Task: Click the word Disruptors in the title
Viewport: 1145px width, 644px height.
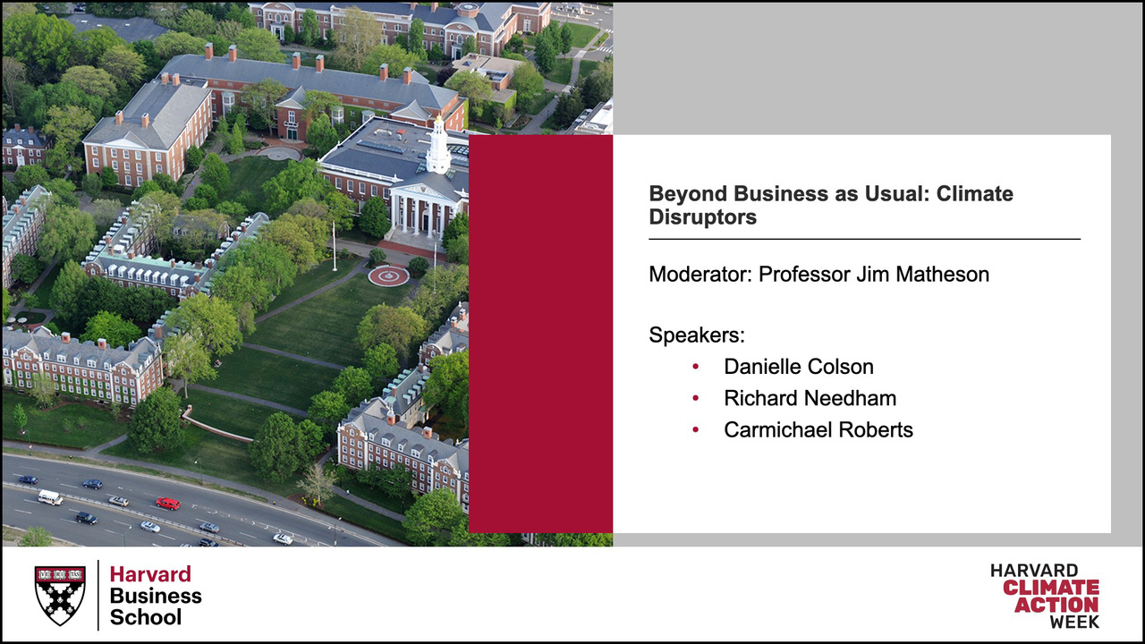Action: tap(703, 217)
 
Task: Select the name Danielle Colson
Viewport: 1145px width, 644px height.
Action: tap(799, 367)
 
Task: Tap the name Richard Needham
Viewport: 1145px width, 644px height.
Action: tap(810, 398)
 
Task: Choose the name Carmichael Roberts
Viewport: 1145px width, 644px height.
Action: tap(818, 430)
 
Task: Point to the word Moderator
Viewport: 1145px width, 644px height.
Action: tap(698, 275)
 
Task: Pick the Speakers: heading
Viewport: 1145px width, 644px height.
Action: tap(697, 335)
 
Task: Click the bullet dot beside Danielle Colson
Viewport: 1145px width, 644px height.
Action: tap(695, 367)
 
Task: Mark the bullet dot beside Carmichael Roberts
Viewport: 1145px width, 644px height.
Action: tap(695, 430)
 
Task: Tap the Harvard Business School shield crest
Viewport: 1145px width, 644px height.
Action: tap(60, 596)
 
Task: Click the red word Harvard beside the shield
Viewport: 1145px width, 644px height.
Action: tap(150, 574)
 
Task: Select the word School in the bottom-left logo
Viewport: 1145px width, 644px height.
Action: tap(146, 617)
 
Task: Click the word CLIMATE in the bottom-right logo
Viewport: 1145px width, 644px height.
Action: tap(1051, 588)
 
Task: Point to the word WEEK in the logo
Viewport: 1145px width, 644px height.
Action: tap(1074, 622)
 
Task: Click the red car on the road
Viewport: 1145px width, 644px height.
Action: tap(168, 504)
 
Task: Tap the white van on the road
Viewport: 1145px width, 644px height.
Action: tap(50, 496)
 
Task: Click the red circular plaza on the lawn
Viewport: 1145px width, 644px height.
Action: tap(388, 276)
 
